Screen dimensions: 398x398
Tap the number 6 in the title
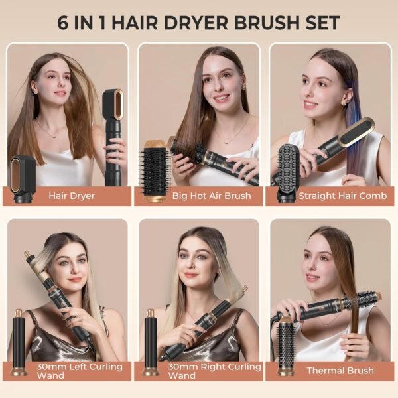click(x=64, y=23)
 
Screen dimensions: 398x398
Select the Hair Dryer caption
click(x=72, y=196)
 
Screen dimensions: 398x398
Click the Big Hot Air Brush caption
click(x=202, y=196)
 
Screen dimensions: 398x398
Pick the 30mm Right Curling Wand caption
click(x=204, y=371)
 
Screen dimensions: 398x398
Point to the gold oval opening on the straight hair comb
click(x=361, y=132)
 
